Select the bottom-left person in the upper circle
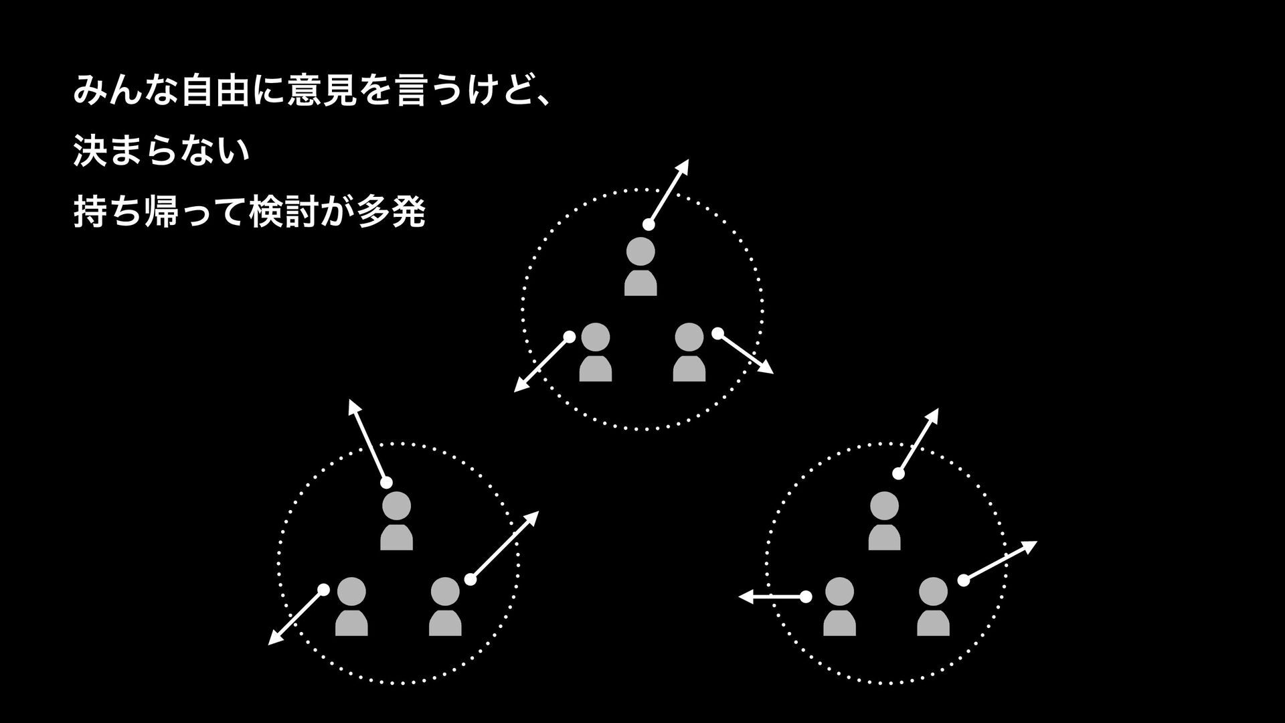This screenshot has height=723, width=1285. pos(596,352)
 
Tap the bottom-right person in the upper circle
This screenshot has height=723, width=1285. pos(689,352)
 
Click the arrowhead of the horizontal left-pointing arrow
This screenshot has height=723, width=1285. pos(744,596)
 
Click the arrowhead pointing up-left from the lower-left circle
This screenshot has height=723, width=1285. pos(352,405)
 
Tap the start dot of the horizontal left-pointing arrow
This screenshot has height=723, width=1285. pos(806,596)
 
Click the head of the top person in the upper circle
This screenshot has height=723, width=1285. pos(640,252)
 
